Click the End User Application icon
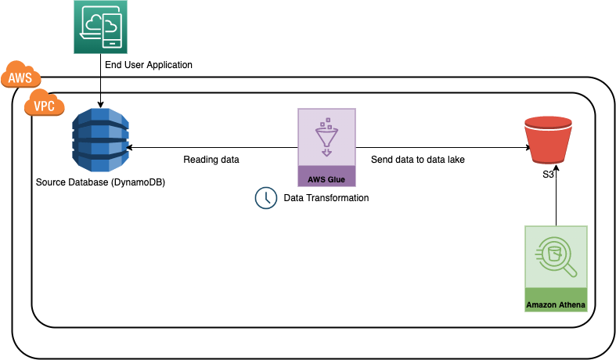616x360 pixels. pyautogui.click(x=102, y=27)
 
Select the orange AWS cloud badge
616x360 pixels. pyautogui.click(x=21, y=77)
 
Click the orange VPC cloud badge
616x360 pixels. pyautogui.click(x=45, y=105)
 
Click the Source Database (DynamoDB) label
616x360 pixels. pyautogui.click(x=101, y=182)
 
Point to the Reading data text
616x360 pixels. pyautogui.click(x=211, y=160)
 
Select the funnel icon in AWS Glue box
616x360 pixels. pyautogui.click(x=326, y=138)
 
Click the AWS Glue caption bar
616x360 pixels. pyautogui.click(x=326, y=178)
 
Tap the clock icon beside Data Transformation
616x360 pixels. pyautogui.click(x=266, y=198)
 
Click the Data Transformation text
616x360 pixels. pyautogui.click(x=326, y=198)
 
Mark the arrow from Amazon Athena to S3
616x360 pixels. pyautogui.click(x=555, y=205)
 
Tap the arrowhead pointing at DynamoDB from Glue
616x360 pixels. pyautogui.click(x=129, y=146)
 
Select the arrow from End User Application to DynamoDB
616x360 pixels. pyautogui.click(x=102, y=82)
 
